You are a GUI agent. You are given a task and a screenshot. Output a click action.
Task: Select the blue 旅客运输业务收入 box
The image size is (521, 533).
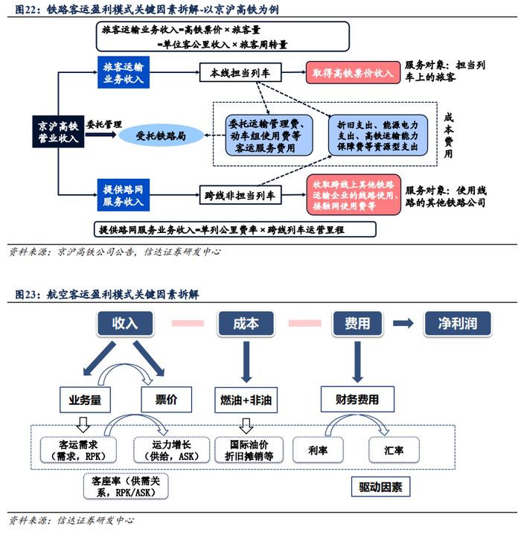124,73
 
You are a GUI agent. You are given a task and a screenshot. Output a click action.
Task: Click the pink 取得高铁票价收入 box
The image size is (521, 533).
352,73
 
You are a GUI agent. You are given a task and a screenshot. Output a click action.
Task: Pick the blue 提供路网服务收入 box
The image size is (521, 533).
124,196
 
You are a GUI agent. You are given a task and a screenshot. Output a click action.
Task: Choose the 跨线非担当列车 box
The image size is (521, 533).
230,196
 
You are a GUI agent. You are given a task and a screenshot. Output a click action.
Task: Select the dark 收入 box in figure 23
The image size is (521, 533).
125,323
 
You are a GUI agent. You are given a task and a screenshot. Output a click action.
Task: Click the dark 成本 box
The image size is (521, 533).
246,323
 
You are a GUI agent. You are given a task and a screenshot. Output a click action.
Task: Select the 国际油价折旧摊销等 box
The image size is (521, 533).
246,450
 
